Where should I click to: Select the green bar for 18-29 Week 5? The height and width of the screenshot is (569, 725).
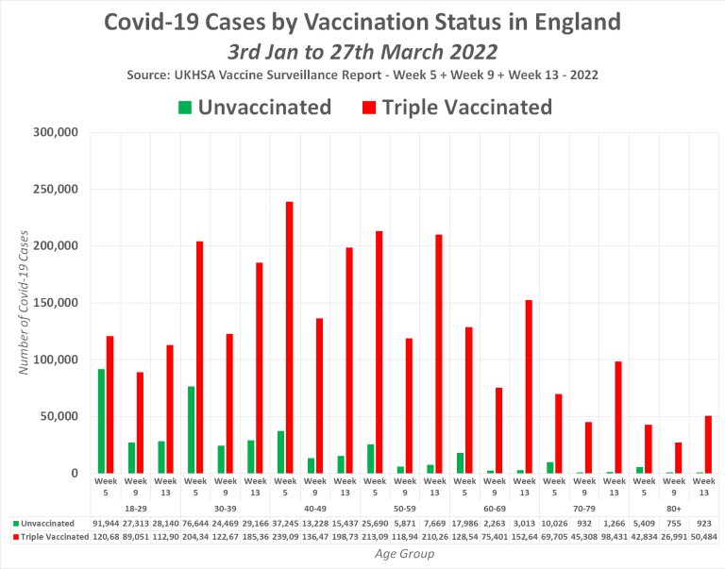pyautogui.click(x=101, y=421)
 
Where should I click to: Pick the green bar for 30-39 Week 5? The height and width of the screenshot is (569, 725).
pyautogui.click(x=191, y=429)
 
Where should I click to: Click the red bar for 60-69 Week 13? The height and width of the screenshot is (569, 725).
pyautogui.click(x=529, y=387)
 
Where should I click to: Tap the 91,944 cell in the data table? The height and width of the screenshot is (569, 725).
pyautogui.click(x=106, y=522)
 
